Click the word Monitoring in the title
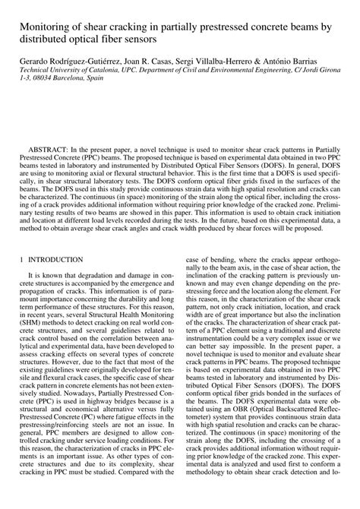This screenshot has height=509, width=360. (x=35, y=26)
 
